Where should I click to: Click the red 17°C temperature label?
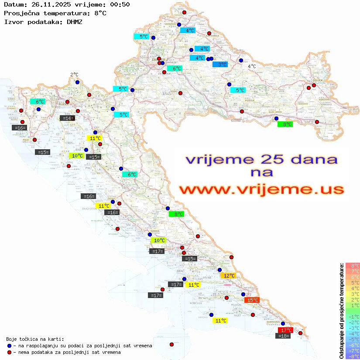pos(285,330)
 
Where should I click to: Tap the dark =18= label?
pos(284,336)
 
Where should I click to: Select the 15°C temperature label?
pos(252,300)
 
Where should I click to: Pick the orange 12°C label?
pos(228,276)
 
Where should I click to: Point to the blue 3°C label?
pos(220,64)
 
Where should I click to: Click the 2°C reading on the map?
pos(74,75)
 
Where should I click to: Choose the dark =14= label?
pos(67,118)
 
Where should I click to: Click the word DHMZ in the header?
pos(75,21)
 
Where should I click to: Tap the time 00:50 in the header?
pos(119,4)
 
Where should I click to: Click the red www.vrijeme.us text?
pos(261,189)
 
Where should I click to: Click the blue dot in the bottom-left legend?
pos(9,346)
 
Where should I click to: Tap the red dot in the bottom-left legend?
pos(9,352)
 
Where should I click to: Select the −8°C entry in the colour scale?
pos(352,356)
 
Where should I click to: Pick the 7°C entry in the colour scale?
pos(352,271)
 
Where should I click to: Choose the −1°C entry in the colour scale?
pos(352,316)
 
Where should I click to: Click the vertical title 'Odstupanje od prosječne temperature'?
pos(341,310)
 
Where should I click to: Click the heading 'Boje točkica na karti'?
pos(35,339)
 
